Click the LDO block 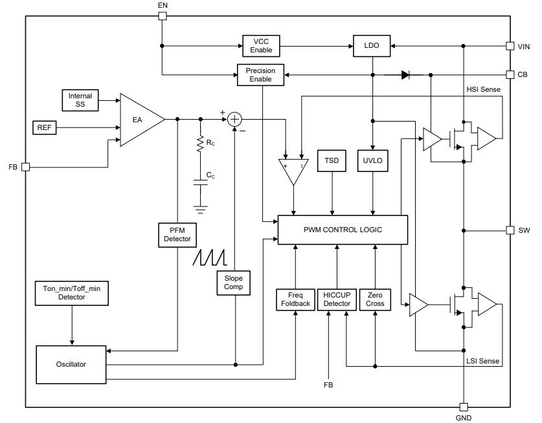coord(372,46)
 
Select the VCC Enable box coord(261,46)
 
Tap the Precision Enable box coord(261,75)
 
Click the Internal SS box coord(80,100)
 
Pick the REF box coord(44,127)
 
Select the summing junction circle coord(234,119)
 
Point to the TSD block coord(332,161)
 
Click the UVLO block coord(372,161)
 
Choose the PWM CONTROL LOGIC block coord(343,230)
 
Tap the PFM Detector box coord(177,234)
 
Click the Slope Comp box coord(233,283)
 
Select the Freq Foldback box coord(295,299)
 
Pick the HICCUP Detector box coord(337,299)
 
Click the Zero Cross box coord(375,299)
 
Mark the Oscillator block coord(71,364)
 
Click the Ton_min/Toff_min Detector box coord(71,293)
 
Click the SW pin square coord(510,230)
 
